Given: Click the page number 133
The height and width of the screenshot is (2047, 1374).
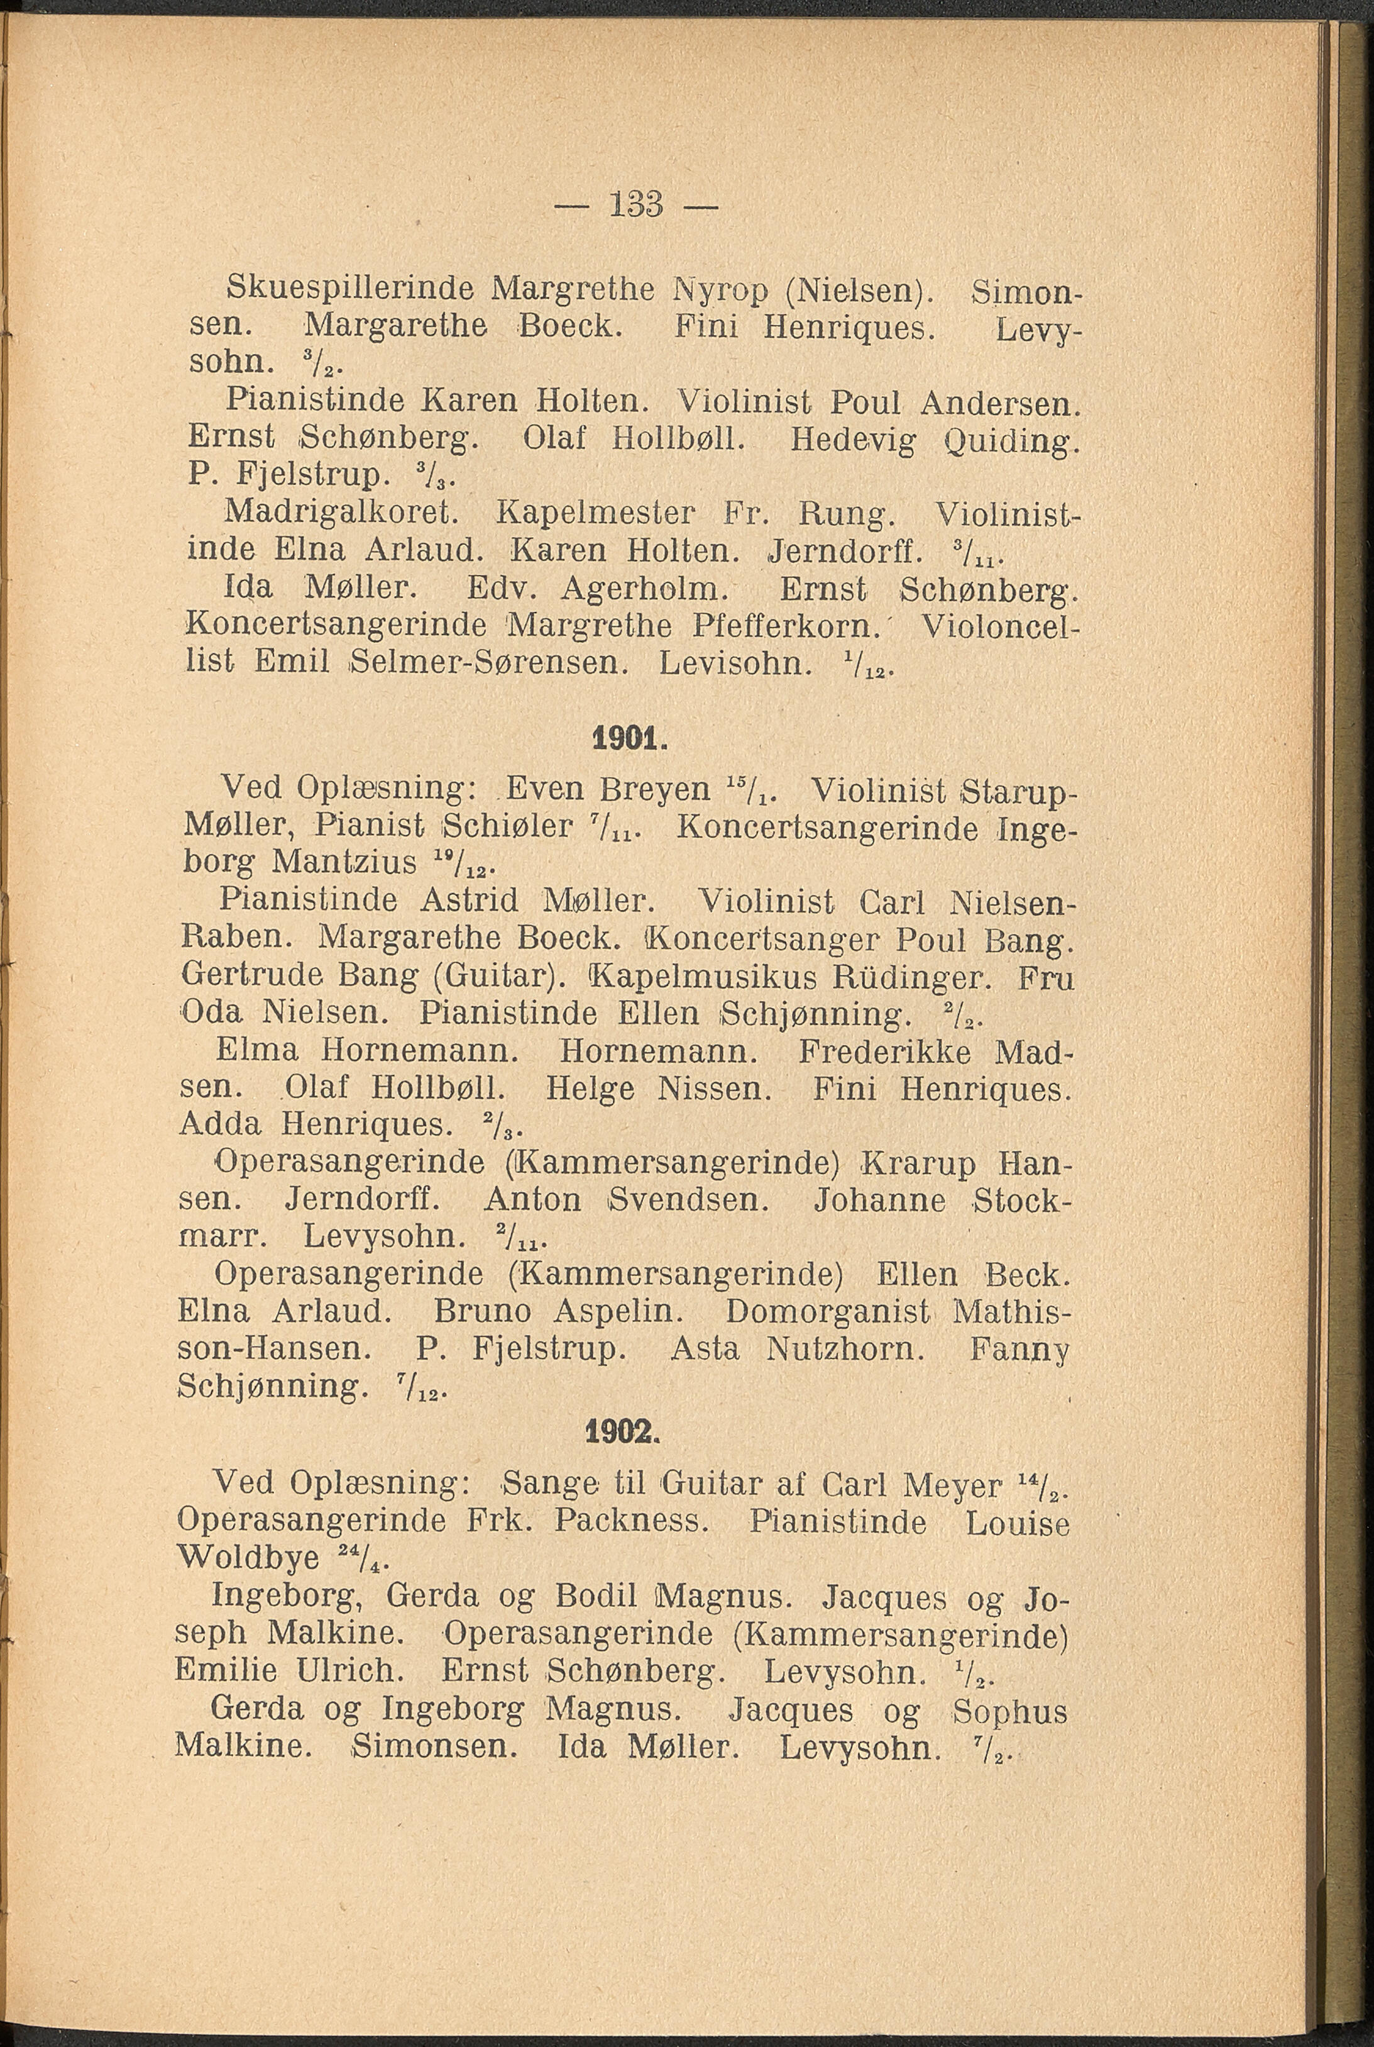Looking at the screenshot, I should pyautogui.click(x=635, y=207).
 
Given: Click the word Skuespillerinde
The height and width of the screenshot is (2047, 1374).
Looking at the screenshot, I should pyautogui.click(x=351, y=289).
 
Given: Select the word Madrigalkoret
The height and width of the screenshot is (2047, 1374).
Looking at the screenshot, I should pyautogui.click(x=339, y=511).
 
